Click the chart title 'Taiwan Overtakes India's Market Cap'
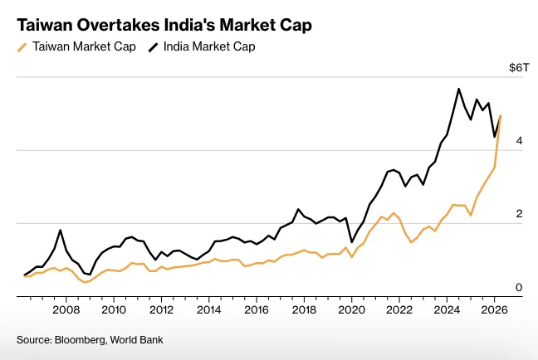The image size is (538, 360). pos(164,25)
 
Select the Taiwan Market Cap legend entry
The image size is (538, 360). pos(77,46)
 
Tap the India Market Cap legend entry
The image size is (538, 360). pos(202,46)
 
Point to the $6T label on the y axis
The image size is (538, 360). pos(519,67)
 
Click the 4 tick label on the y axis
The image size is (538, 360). pos(519,140)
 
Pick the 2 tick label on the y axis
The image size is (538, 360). pos(519,214)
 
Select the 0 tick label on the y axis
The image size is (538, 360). pos(519,287)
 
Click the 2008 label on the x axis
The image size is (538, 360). pos(66,310)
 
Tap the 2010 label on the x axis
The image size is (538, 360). pos(114,310)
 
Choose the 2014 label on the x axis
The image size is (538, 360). pos(209,310)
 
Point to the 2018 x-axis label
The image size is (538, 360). pos(304,310)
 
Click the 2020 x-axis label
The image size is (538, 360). pos(352,310)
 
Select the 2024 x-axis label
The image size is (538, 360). pos(447,310)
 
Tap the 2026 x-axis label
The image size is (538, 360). pos(495,310)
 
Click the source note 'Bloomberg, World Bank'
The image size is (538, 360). pos(109,340)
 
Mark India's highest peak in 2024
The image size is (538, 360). pos(459,89)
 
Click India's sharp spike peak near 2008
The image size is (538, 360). pos(61,230)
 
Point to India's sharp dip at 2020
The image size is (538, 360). pos(352,242)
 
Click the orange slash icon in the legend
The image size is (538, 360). pos(22,47)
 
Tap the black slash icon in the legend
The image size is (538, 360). pos(153,47)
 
